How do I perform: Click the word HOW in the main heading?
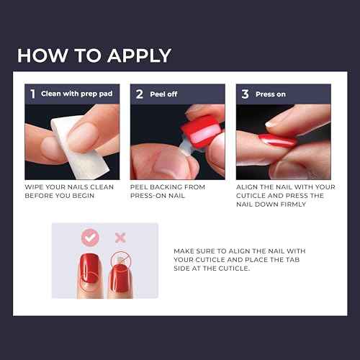click(x=40, y=55)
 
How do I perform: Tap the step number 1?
click(x=32, y=94)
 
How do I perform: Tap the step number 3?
click(x=244, y=94)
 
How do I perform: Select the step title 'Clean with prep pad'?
click(x=71, y=94)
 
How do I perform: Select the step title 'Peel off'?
click(x=163, y=94)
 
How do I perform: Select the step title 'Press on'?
click(x=272, y=94)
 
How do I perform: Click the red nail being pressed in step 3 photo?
click(x=276, y=140)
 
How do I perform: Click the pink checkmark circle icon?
click(x=90, y=237)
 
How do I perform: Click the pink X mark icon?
click(x=120, y=237)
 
